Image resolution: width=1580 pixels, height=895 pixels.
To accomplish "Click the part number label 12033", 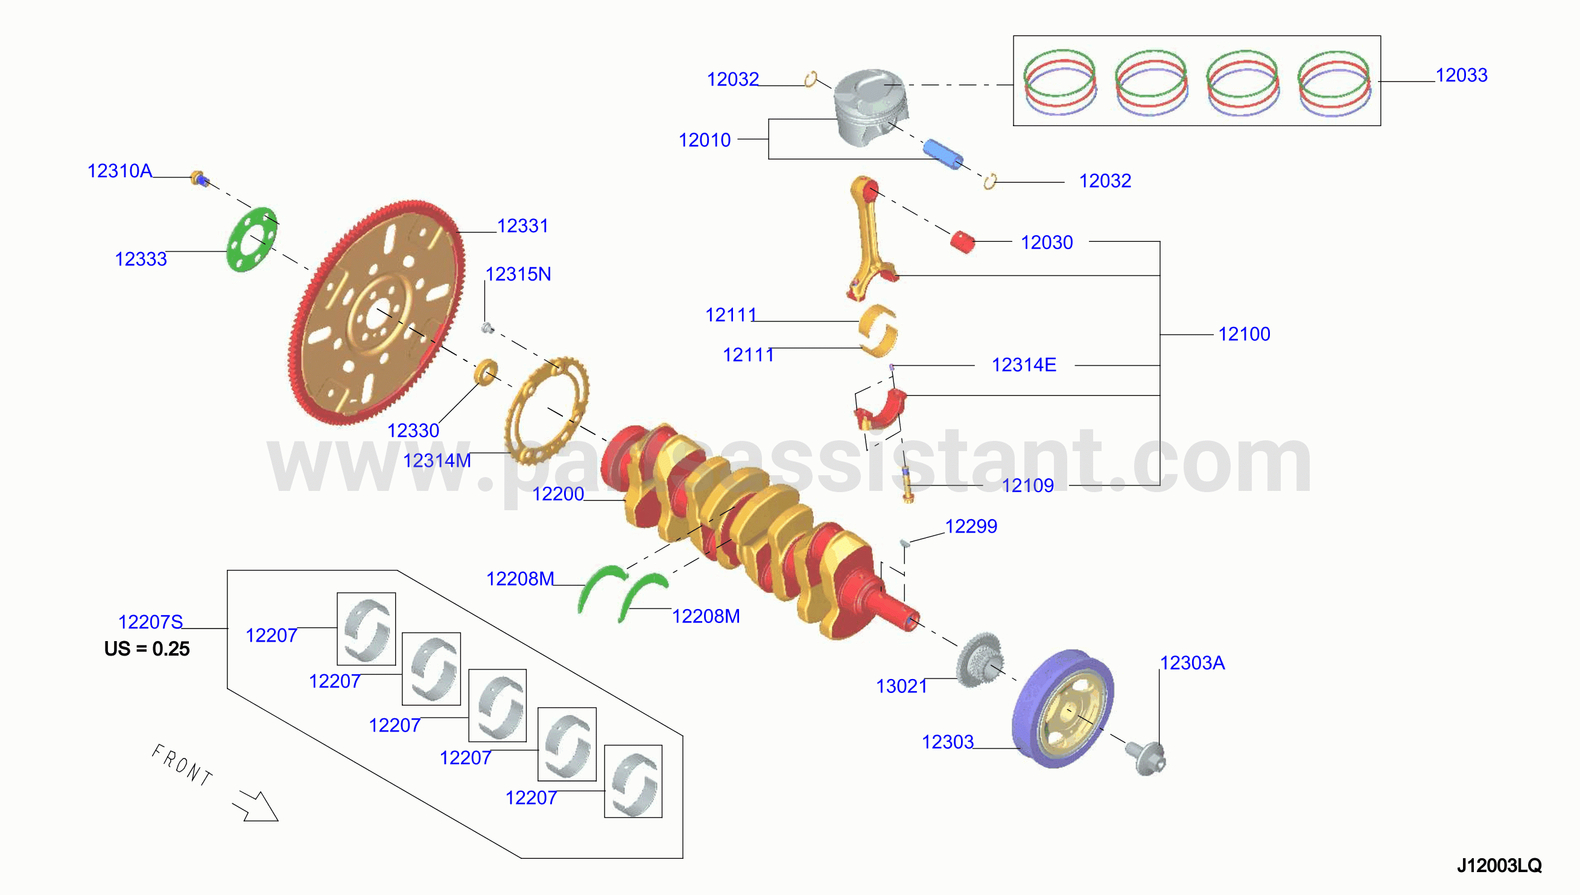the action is coord(1461,75).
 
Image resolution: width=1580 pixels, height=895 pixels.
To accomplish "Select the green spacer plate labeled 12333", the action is coord(252,240).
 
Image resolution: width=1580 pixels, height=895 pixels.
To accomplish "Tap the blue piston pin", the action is coord(942,154).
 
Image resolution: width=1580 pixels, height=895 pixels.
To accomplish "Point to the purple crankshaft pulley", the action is coord(1062,708).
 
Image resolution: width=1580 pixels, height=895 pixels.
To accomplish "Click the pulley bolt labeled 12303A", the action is coord(1146,757).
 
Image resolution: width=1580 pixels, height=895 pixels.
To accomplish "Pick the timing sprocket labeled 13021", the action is coord(980,660).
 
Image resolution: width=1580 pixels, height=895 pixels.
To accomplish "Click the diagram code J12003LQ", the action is coord(1499,865).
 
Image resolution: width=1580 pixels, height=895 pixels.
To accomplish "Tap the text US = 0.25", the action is coord(147,648).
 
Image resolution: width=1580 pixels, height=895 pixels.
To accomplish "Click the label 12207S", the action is coord(151,622).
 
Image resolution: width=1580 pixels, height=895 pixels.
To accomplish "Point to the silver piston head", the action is coord(871,107).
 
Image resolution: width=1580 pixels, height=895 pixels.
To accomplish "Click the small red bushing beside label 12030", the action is coord(962,242).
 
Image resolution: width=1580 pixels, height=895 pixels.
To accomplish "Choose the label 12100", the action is coord(1244,334).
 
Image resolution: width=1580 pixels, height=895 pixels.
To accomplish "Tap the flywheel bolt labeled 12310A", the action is coord(198,179).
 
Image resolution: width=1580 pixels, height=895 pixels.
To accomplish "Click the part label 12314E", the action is coord(1024,364).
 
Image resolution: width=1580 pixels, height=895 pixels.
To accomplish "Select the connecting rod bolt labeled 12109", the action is coord(907,485).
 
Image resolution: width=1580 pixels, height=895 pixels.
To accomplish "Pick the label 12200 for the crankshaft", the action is coord(557,493).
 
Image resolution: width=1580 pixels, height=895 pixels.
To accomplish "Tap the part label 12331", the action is coord(522,226).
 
